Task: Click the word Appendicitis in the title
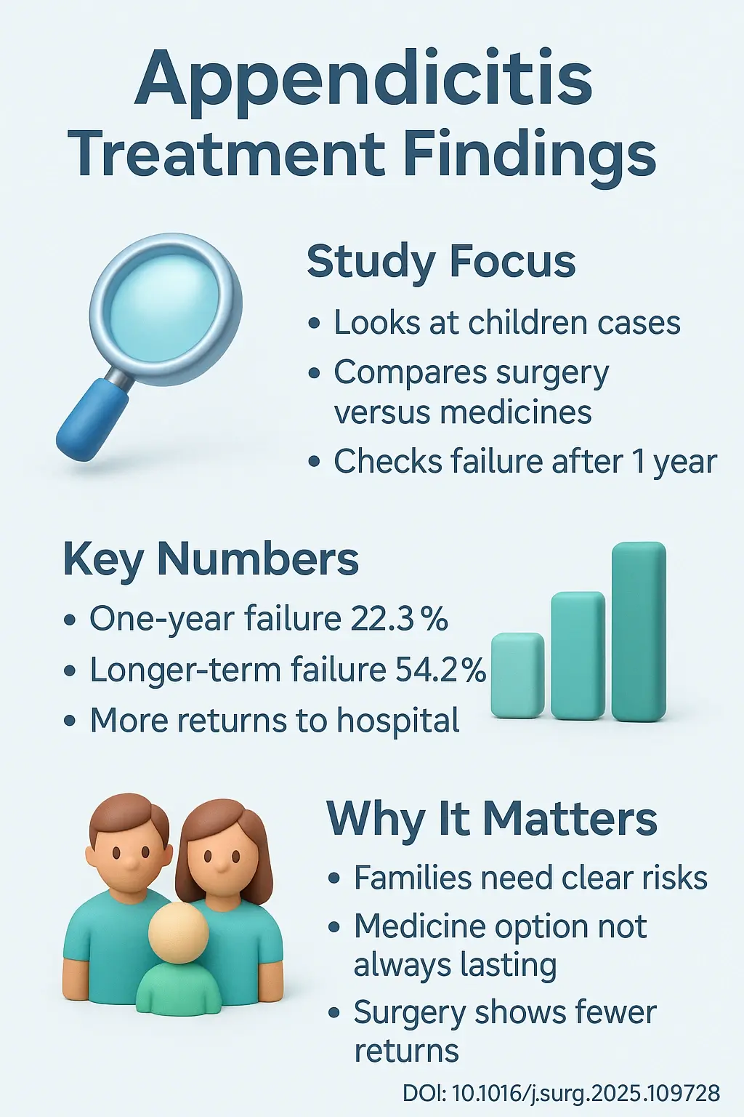pos(364,78)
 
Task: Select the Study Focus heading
pos(441,262)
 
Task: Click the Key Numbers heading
pos(211,559)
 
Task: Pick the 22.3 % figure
pos(400,619)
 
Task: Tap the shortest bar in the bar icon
pos(518,676)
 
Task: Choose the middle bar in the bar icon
pos(578,655)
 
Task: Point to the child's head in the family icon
pos(179,932)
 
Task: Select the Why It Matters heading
pos(492,819)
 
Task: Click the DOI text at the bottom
pos(561,1093)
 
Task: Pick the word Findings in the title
pos(530,154)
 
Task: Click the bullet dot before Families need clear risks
pos(334,878)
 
